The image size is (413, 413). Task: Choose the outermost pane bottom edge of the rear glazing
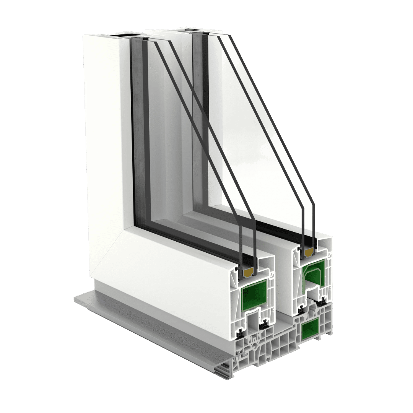313,245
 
